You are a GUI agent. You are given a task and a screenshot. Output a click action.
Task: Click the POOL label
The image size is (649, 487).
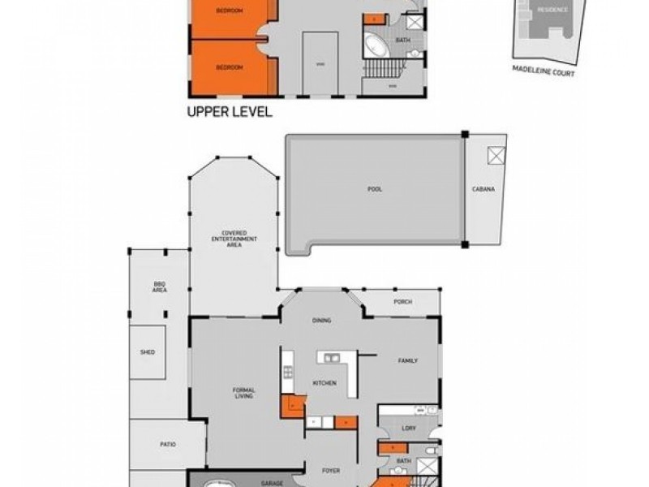[x=374, y=188]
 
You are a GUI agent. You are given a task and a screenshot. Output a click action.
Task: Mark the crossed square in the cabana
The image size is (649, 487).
[x=494, y=156]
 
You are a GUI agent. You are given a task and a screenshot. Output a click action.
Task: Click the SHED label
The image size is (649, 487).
[x=148, y=352]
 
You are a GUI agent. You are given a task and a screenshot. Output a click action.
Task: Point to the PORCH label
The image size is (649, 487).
[x=402, y=302]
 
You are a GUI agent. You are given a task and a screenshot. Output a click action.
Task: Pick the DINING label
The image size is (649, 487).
[x=322, y=321]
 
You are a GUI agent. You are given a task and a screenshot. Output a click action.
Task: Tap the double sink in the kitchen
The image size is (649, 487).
[x=329, y=357]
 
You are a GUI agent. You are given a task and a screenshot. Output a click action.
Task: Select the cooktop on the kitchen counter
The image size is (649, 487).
[x=287, y=373]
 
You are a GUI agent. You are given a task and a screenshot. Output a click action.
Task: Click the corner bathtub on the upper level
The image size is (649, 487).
[x=376, y=45]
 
